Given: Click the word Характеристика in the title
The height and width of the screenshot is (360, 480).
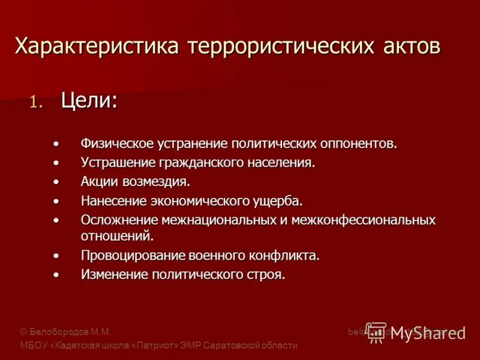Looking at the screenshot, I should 98,46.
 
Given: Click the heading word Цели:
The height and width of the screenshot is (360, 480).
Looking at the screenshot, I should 89,100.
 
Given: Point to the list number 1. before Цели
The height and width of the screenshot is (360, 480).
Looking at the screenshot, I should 37,103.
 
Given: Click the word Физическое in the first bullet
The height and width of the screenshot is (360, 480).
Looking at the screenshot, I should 118,144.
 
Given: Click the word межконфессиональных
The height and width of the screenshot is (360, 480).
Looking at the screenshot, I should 364,220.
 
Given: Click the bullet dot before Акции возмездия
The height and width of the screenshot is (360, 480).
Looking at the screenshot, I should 56,181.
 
